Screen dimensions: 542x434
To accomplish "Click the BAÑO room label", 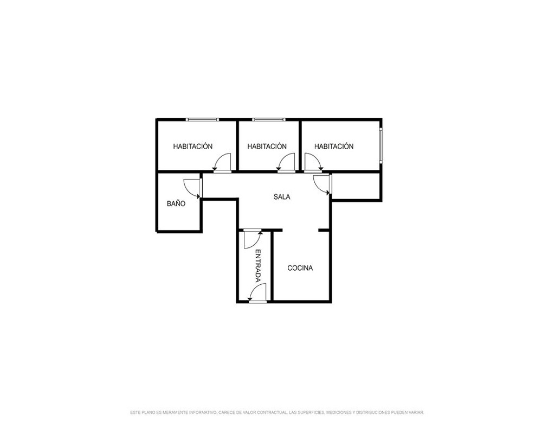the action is pyautogui.click(x=176, y=203).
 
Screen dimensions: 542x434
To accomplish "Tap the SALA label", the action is pyautogui.click(x=282, y=197).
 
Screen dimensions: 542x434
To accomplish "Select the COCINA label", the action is pyautogui.click(x=300, y=268).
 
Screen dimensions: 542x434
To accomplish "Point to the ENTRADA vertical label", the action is pyautogui.click(x=258, y=266).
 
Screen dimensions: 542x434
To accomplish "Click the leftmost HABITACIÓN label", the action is pyautogui.click(x=193, y=146).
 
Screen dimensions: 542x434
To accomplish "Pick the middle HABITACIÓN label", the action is pyautogui.click(x=267, y=146).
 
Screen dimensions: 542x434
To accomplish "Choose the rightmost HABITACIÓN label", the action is pyautogui.click(x=334, y=146).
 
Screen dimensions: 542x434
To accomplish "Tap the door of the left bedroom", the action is pyautogui.click(x=222, y=163).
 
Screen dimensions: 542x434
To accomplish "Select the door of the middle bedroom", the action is pyautogui.click(x=286, y=163).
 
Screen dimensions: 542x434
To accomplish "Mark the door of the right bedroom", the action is pyautogui.click(x=313, y=163).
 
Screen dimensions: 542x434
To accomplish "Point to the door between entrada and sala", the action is pyautogui.click(x=253, y=239).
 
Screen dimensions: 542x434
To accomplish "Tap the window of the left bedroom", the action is pyautogui.click(x=202, y=119).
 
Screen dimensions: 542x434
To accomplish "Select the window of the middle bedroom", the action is pyautogui.click(x=269, y=119).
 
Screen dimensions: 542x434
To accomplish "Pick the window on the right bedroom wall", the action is pyautogui.click(x=380, y=145).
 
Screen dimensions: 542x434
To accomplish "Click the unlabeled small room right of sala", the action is pyautogui.click(x=356, y=186).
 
